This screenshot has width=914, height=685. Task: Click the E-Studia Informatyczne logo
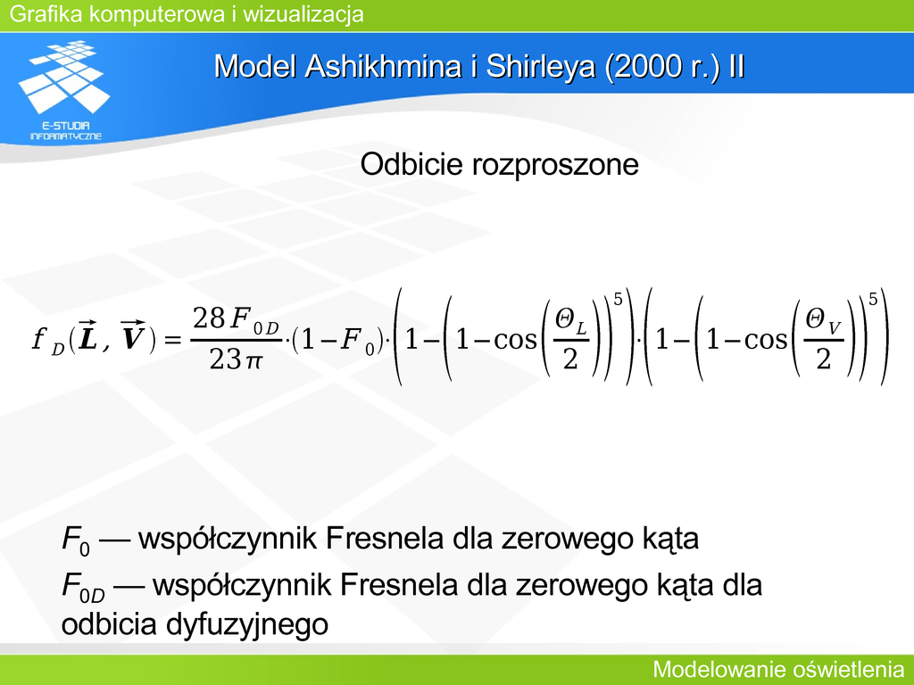click(x=64, y=90)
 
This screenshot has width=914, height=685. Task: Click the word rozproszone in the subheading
click(x=555, y=165)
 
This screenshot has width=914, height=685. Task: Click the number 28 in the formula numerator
click(x=209, y=318)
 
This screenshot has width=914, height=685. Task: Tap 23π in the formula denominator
click(x=236, y=359)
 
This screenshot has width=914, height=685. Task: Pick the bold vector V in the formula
click(x=132, y=336)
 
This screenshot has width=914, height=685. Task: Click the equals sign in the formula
click(x=173, y=338)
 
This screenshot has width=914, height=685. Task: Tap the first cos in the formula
click(x=515, y=340)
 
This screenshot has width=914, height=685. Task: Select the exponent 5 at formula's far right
click(x=873, y=300)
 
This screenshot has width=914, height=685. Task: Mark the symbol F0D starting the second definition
click(x=83, y=587)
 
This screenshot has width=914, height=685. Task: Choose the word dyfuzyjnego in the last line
click(x=247, y=625)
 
